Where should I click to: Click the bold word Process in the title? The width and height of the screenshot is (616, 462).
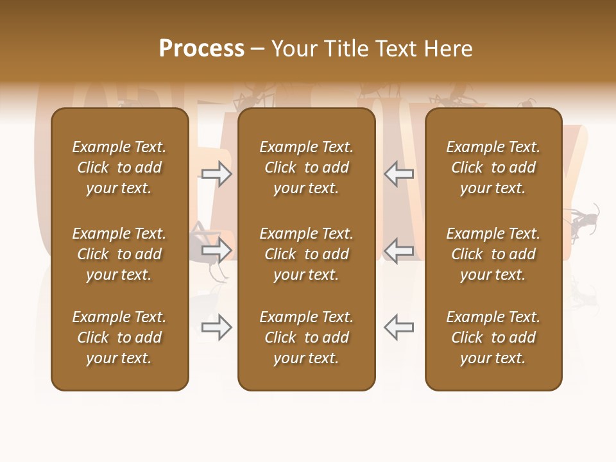coord(201,48)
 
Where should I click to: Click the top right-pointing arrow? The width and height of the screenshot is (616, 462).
coord(216,174)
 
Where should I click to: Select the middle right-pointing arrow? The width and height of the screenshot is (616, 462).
coord(216,250)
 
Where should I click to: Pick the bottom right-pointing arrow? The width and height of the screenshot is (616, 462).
coord(216,327)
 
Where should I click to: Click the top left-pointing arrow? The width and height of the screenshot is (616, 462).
coord(398,174)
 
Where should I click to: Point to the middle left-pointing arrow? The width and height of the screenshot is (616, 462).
coord(398,250)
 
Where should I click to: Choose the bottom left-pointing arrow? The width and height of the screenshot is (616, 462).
coord(398,327)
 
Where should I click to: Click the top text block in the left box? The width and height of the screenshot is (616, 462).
coord(119,167)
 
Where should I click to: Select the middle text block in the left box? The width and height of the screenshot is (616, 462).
coord(119,254)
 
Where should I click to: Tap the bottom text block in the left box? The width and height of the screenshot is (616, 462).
coord(119,338)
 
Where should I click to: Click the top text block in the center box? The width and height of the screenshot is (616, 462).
coord(307,167)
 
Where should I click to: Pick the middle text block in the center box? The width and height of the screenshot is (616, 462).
coord(307,254)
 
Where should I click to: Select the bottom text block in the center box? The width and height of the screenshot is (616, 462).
coord(307,338)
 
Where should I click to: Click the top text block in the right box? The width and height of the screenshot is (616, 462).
coord(493,167)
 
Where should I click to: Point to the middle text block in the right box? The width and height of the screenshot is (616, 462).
coord(493,254)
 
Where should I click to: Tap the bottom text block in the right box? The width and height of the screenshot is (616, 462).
coord(493,338)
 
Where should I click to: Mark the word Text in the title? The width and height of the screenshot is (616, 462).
coord(400,48)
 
